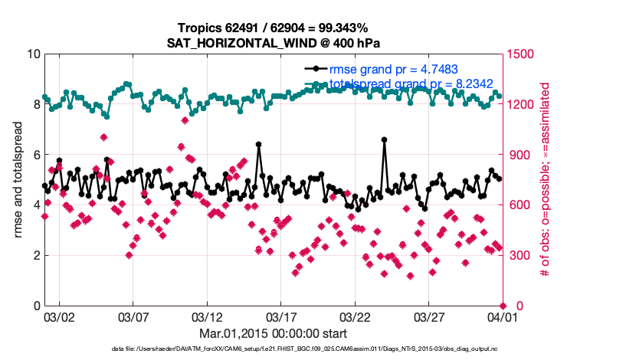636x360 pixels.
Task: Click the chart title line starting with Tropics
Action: click(x=274, y=28)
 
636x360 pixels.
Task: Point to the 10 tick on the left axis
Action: click(x=33, y=54)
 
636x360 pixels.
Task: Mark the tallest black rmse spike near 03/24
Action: click(x=384, y=139)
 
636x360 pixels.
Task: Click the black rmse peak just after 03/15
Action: click(x=259, y=144)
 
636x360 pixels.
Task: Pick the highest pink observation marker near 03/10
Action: click(x=185, y=120)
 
